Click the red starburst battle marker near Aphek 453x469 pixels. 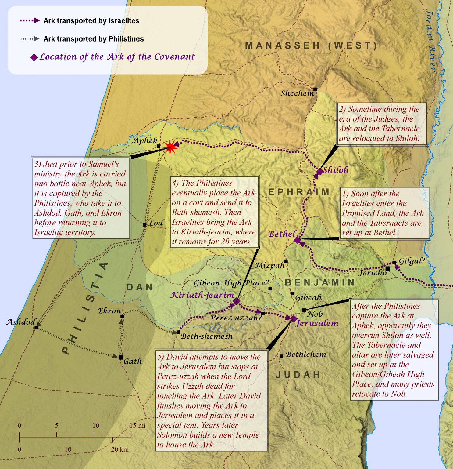171,147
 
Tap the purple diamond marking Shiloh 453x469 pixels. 319,171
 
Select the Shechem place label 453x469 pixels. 297,93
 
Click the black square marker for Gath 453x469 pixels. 121,357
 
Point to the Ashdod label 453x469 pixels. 21,322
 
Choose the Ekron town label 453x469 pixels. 109,311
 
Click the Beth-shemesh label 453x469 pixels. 207,336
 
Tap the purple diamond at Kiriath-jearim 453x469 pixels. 237,302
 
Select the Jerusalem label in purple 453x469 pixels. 317,323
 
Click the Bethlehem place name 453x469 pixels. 306,354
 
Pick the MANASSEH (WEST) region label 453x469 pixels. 311,46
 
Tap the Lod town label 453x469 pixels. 156,223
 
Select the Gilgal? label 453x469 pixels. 412,261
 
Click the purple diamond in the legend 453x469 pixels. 34,57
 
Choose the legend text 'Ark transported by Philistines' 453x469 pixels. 93,39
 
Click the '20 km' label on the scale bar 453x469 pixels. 119,449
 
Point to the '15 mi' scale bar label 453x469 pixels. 137,425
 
